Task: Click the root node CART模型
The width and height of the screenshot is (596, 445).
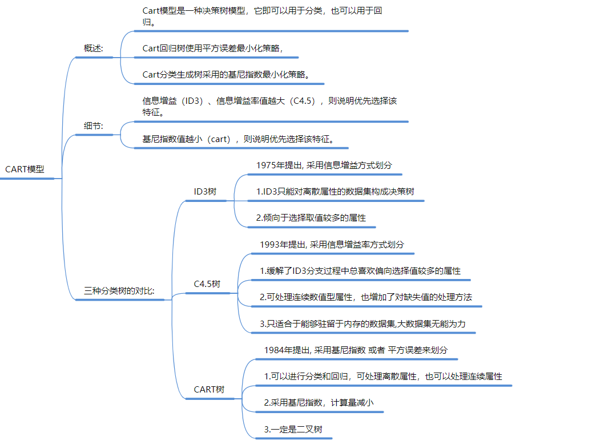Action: click(25, 169)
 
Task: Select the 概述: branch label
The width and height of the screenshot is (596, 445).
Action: click(94, 48)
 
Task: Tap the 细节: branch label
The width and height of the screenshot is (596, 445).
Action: click(94, 126)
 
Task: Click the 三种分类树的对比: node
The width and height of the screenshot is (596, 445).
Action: click(119, 290)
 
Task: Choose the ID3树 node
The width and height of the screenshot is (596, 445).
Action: click(205, 192)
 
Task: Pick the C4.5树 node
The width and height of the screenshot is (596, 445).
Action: click(207, 284)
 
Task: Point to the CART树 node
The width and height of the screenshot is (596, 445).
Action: click(209, 390)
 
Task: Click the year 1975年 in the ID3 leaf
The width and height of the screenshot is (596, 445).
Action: click(270, 165)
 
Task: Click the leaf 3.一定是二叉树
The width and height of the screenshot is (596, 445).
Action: click(293, 429)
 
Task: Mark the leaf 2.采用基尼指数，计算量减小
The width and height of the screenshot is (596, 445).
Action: click(319, 403)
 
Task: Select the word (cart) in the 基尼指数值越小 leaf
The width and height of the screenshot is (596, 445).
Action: click(218, 139)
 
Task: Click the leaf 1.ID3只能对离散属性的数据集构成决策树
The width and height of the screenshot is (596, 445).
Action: click(335, 192)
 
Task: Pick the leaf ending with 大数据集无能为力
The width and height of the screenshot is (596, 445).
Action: click(363, 324)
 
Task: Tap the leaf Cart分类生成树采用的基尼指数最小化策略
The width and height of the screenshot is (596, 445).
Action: click(226, 74)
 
